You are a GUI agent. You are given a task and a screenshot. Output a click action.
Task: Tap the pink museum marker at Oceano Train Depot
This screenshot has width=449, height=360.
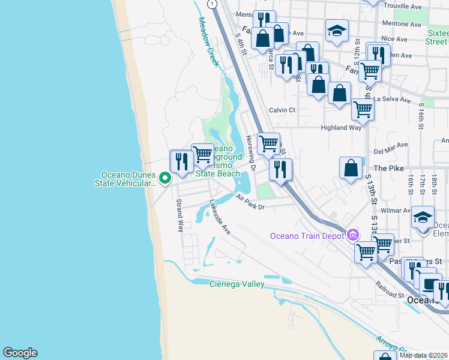coord(352,233)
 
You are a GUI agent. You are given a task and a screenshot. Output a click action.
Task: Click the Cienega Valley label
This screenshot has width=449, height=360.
coord(237,284)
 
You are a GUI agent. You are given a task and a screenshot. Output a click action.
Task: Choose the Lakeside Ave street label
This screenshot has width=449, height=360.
coord(220,217)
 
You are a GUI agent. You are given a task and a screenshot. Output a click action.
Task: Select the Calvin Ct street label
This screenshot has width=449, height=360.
coord(282,110)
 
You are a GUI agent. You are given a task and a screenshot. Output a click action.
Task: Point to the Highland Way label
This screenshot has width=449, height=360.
coord(341,127)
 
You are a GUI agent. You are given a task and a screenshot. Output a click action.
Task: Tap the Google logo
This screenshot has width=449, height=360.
coord(20,353)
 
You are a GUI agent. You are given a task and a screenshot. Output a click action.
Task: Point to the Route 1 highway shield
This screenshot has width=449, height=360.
coord(212,4)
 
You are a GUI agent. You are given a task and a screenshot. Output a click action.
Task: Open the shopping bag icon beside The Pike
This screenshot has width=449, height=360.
coord(351,168)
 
